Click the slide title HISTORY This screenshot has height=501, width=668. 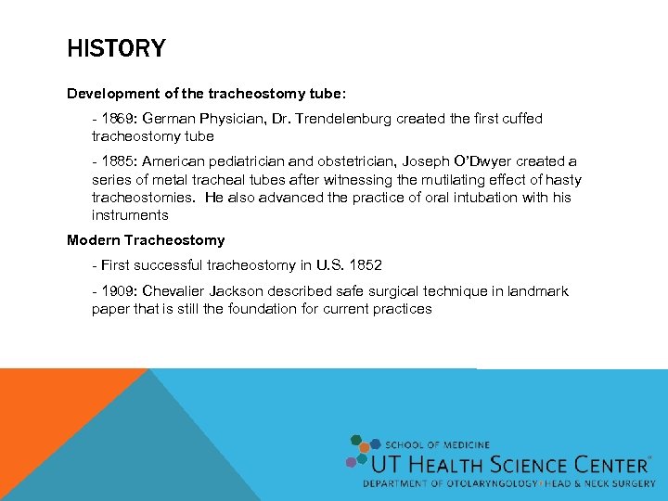[116, 48]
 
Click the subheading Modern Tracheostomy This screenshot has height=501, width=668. [146, 240]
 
